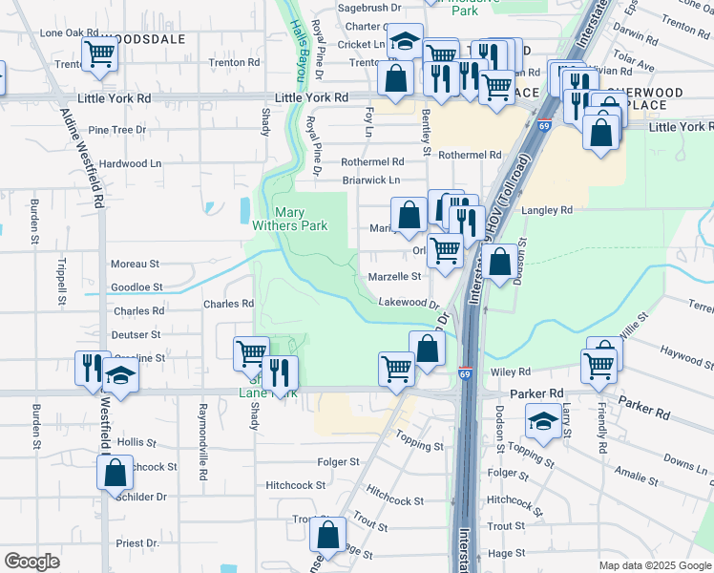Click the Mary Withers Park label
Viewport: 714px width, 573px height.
(x=302, y=219)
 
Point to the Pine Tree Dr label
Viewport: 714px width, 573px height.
(x=116, y=129)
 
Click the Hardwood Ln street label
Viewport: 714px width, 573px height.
(x=130, y=163)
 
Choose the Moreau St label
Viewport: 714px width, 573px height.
(x=135, y=264)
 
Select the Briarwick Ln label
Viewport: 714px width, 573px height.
(x=371, y=180)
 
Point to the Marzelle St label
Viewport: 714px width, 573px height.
(x=394, y=277)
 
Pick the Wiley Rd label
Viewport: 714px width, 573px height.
(x=511, y=371)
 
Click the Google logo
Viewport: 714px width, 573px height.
(x=31, y=562)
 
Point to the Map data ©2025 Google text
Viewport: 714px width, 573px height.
(x=654, y=565)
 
